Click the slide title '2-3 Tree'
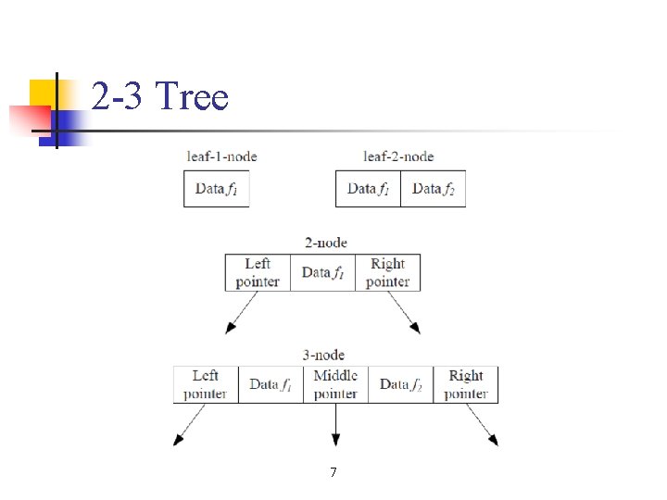pyautogui.click(x=159, y=96)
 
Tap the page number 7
pyautogui.click(x=333, y=473)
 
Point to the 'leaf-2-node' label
pyautogui.click(x=398, y=156)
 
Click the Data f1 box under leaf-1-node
pyautogui.click(x=217, y=189)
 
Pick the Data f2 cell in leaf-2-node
pyautogui.click(x=434, y=189)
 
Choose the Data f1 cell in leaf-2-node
pyautogui.click(x=369, y=189)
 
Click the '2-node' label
pyautogui.click(x=326, y=243)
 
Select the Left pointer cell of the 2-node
pyautogui.click(x=258, y=272)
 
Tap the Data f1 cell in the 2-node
pyautogui.click(x=323, y=272)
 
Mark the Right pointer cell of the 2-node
pyautogui.click(x=387, y=272)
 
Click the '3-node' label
pyautogui.click(x=323, y=355)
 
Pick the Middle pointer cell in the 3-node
pyautogui.click(x=335, y=384)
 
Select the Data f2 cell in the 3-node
pyautogui.click(x=401, y=384)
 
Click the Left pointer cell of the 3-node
pyautogui.click(x=206, y=384)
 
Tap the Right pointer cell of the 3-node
pyautogui.click(x=465, y=384)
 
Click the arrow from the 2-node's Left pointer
pyautogui.click(x=240, y=314)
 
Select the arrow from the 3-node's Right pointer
pyautogui.click(x=482, y=425)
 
